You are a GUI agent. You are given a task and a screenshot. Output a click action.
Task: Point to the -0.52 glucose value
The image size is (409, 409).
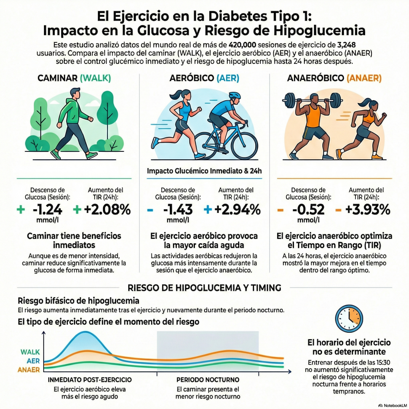click(308, 210)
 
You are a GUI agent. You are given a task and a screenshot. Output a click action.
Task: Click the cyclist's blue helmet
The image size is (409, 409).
click(235, 96)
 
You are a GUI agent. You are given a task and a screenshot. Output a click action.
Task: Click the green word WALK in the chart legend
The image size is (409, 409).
click(30, 352)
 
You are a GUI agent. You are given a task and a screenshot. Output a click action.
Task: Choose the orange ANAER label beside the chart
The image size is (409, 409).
click(29, 370)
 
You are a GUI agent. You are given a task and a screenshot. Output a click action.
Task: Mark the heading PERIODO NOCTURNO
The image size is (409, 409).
click(208, 379)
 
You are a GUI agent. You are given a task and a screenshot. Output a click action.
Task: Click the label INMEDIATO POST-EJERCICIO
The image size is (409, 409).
click(89, 379)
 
